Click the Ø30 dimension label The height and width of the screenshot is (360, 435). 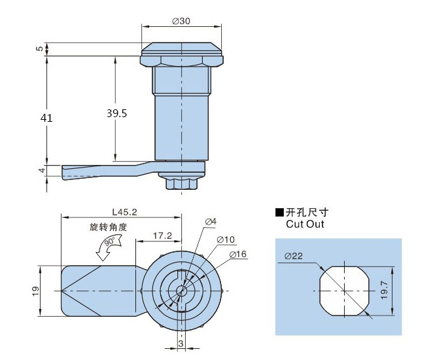(x=181, y=21)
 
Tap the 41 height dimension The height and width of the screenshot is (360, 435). (x=46, y=118)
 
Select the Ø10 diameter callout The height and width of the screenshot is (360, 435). (x=226, y=239)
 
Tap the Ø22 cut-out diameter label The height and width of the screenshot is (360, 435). (x=294, y=256)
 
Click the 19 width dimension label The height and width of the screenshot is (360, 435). (x=35, y=289)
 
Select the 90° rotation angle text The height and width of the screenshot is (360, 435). (x=108, y=242)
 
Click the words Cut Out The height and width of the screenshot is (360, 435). (x=305, y=225)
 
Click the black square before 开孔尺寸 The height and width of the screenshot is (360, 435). (x=279, y=213)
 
